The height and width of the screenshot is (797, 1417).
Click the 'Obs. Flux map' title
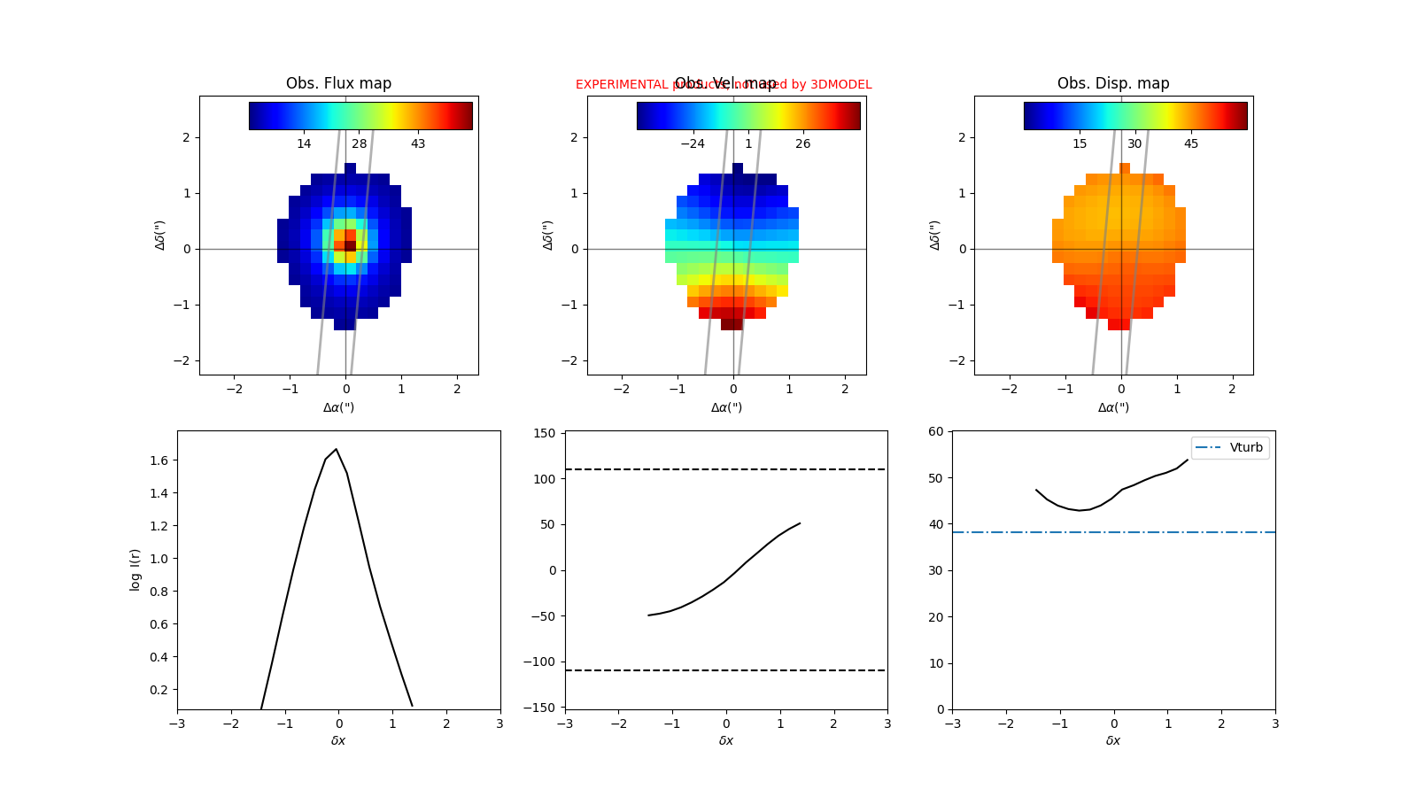338,83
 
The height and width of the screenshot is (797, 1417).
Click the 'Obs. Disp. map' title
1113,83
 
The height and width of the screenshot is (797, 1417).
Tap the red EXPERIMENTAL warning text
620,85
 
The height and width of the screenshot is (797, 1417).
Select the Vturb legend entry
1230,448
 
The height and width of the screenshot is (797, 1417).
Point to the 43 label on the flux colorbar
418,143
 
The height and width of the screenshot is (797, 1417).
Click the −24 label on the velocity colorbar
692,143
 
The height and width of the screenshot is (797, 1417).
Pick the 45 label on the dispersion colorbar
1191,143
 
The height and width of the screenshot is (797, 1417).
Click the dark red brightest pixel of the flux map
350,245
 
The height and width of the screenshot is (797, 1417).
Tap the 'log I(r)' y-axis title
136,569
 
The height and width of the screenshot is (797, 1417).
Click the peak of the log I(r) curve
336,449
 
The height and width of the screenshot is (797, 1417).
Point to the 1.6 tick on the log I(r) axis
159,460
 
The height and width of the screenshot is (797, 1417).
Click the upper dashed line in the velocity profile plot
726,469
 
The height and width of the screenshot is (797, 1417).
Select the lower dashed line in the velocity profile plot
726,670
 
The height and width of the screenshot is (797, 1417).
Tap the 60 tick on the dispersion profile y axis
935,431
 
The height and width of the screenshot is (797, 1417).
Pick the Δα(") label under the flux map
338,407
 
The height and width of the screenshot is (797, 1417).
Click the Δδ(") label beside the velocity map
548,235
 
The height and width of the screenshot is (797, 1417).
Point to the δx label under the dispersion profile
1113,740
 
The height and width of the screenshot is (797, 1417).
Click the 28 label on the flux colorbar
359,143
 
